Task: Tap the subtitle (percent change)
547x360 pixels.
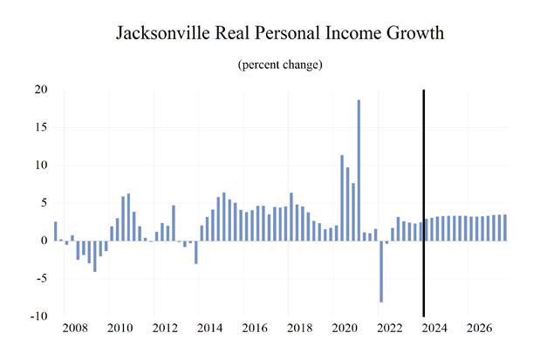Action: (274, 66)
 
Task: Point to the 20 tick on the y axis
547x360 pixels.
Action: (41, 90)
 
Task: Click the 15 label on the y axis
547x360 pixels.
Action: (41, 127)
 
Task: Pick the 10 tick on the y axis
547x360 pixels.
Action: (41, 166)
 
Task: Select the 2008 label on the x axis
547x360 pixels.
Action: (74, 330)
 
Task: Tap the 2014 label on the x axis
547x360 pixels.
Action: (209, 330)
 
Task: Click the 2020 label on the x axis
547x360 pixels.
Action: (344, 330)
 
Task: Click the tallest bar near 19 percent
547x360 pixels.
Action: (359, 170)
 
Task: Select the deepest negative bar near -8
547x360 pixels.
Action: (381, 271)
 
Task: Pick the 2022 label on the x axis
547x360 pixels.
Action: (389, 330)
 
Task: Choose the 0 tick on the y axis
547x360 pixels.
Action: (44, 241)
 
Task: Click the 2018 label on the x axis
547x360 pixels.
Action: (299, 330)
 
